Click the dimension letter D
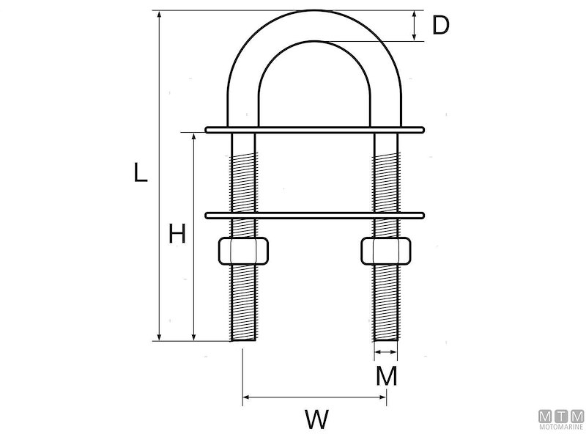coord(439,25)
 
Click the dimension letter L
coord(141,172)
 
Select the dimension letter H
coord(177,235)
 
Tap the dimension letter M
coord(386,376)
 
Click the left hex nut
coord(243,250)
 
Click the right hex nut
coord(386,250)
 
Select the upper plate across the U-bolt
coord(314,130)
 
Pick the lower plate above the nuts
coord(314,216)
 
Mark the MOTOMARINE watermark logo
coord(561,419)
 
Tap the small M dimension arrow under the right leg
coord(386,353)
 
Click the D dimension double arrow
coord(415,26)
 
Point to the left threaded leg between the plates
coord(243,173)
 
